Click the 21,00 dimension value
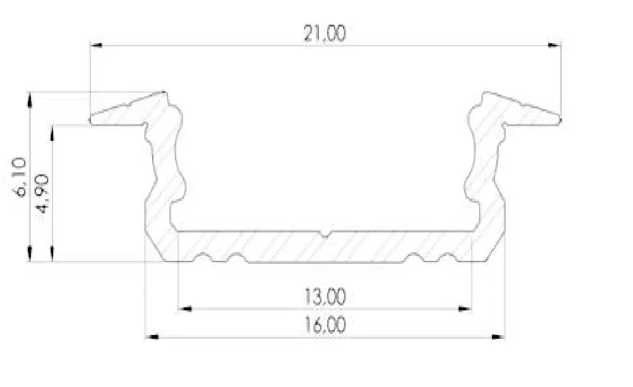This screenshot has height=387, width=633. tap(325, 33)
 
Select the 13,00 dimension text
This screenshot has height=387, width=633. tap(325, 297)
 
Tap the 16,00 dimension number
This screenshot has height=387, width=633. tap(325, 325)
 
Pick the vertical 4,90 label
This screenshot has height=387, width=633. tap(42, 193)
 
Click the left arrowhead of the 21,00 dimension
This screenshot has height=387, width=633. tap(96, 45)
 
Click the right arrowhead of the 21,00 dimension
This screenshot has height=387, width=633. tap(554, 45)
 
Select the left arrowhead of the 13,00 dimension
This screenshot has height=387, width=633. tap(185, 309)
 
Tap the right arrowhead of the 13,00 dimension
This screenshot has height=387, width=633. tap(465, 309)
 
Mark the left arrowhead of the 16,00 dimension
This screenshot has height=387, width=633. tap(152, 337)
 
